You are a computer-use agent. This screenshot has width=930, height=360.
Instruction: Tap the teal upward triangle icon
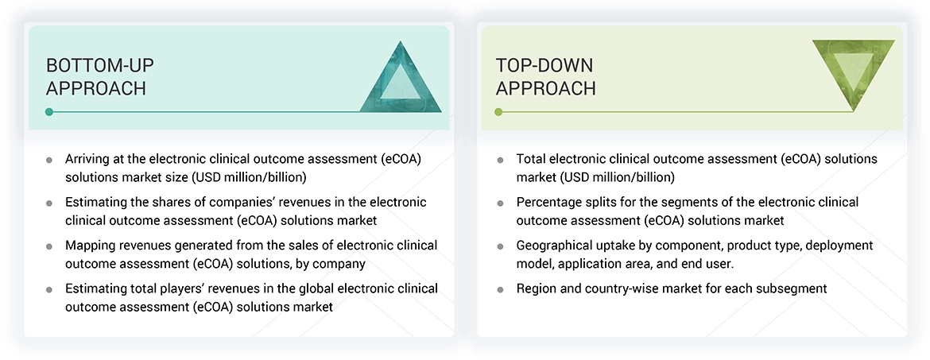click(x=401, y=78)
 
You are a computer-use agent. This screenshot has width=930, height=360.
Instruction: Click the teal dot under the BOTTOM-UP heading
click(x=49, y=112)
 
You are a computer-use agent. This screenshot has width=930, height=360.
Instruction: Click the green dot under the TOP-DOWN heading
click(x=498, y=112)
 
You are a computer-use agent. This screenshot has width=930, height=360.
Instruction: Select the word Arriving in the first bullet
click(x=91, y=159)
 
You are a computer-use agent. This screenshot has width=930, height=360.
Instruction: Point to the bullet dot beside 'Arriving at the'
click(x=49, y=160)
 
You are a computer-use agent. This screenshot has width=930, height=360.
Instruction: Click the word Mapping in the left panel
click(x=91, y=246)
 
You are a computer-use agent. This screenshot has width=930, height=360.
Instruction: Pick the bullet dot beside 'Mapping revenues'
click(x=49, y=246)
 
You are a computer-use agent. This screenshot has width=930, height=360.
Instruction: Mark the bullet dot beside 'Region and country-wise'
click(x=500, y=289)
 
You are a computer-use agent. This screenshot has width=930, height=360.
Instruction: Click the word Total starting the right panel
click(x=533, y=159)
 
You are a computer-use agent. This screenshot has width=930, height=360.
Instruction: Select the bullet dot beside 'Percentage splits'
click(x=500, y=203)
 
